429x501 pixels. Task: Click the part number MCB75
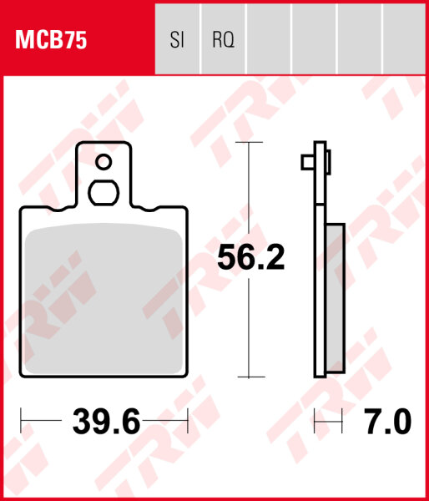51,39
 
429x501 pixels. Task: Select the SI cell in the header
177,39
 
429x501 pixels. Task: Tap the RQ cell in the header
223,39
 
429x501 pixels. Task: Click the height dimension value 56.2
250,258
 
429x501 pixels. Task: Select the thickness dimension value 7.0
389,423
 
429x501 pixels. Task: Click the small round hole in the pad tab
104,162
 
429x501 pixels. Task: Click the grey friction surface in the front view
104,301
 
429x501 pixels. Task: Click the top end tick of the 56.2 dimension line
247,143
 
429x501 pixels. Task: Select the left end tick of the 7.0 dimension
314,423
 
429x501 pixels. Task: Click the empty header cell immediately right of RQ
268,39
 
